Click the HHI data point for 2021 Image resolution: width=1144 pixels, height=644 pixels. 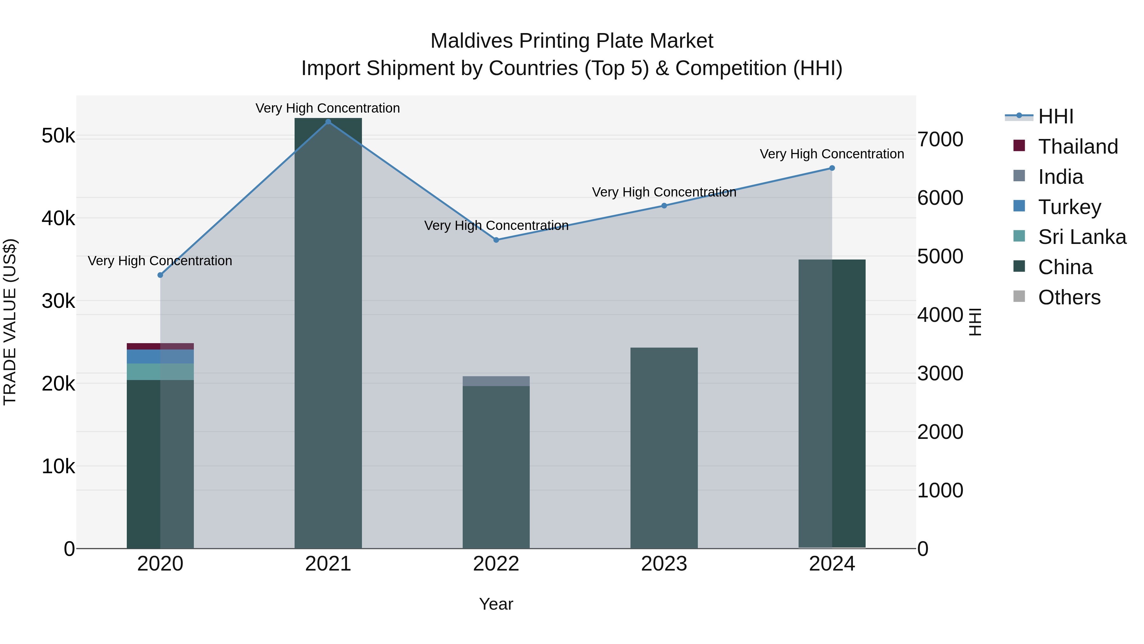pos(328,122)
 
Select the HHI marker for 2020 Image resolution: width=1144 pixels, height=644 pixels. pos(160,275)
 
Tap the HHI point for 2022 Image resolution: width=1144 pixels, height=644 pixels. pos(496,240)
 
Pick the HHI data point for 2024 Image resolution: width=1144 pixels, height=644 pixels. pos(832,168)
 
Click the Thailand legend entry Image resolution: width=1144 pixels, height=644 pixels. pos(1078,147)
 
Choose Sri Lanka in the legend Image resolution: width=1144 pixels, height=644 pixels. pos(1082,237)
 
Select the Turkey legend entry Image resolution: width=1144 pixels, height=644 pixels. pos(1069,207)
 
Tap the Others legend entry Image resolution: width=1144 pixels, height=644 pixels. pos(1069,297)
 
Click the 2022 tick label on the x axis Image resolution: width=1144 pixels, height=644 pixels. pos(496,564)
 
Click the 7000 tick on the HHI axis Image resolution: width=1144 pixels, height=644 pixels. pos(940,140)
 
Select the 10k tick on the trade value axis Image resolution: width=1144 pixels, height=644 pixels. pos(58,467)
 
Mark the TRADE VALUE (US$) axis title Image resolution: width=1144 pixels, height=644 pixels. pos(10,322)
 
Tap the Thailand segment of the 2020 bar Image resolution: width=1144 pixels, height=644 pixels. pos(160,346)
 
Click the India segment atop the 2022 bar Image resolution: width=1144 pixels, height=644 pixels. pos(496,381)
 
